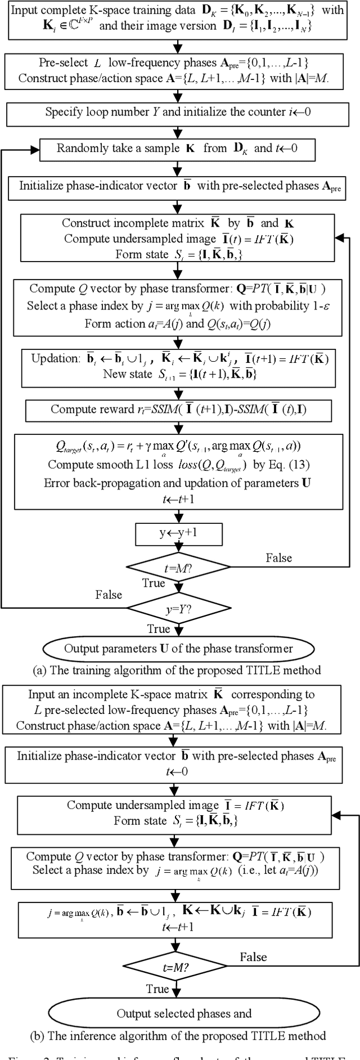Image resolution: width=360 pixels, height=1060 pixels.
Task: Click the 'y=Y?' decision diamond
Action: click(179, 608)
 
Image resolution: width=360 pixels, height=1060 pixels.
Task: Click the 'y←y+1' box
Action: click(179, 532)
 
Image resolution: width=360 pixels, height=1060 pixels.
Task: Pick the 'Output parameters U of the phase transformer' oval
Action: click(179, 648)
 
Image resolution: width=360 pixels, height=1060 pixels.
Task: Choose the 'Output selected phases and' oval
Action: click(183, 1013)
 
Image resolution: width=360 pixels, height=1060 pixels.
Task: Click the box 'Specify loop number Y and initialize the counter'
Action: click(179, 112)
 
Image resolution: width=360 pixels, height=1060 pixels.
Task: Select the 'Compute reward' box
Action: click(179, 410)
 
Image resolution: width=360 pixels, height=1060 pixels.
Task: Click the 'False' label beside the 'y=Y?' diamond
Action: click(109, 595)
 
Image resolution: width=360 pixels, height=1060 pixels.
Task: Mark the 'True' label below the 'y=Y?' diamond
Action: click(159, 628)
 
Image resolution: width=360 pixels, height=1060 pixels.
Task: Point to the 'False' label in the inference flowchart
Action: click(253, 957)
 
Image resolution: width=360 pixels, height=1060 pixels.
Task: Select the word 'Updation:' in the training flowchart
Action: click(53, 358)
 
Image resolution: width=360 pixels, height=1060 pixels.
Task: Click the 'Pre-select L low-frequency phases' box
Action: click(179, 70)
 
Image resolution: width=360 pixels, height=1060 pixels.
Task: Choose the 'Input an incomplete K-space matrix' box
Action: click(179, 710)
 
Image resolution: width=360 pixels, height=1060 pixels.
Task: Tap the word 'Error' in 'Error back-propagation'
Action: click(56, 483)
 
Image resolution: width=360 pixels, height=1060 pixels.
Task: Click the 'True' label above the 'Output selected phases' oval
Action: click(157, 989)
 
